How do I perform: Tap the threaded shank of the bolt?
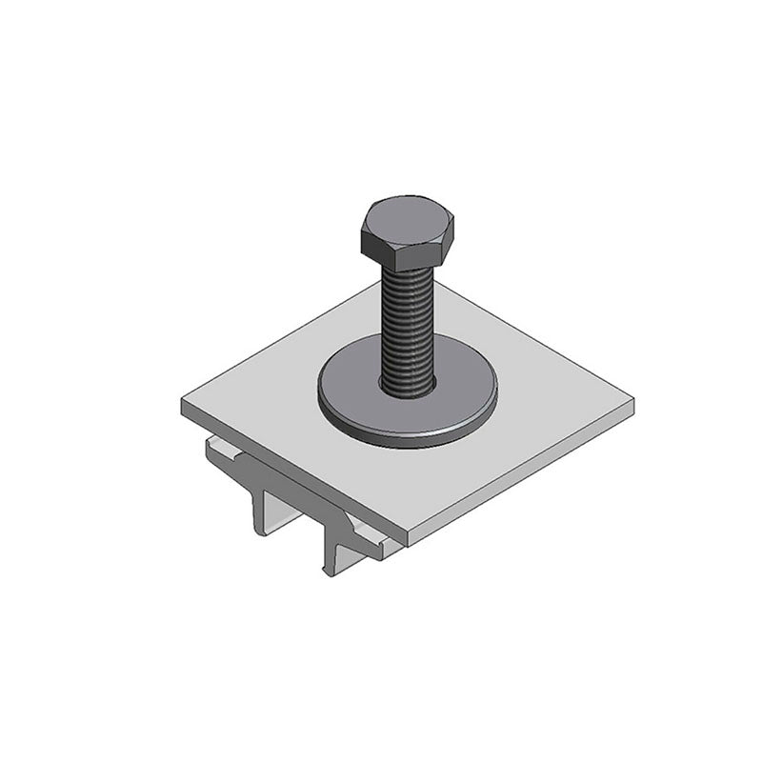pos(408,319)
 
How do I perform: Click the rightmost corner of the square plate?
pos(632,400)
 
